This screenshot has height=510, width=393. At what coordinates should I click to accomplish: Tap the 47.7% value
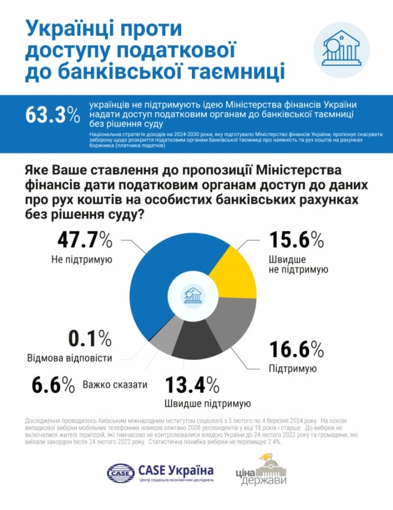pyautogui.click(x=84, y=241)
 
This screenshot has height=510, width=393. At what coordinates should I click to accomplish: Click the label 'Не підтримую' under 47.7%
pyautogui.click(x=84, y=260)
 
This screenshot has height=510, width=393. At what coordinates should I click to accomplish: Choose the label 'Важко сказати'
pyautogui.click(x=114, y=385)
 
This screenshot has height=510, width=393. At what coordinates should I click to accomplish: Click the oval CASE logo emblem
pyautogui.click(x=120, y=472)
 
